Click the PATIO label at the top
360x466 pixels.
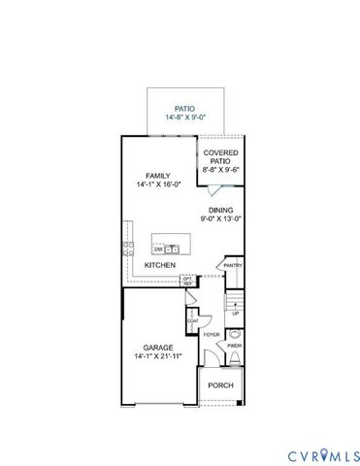(184, 110)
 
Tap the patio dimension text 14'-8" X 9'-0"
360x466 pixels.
(184, 121)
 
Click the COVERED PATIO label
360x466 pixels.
(220, 157)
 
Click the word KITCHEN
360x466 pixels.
(160, 264)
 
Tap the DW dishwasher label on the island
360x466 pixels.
(157, 249)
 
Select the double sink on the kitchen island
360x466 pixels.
(172, 249)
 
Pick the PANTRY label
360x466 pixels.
(233, 265)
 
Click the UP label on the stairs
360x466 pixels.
(235, 314)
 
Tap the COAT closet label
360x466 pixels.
(193, 320)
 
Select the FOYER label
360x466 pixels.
(211, 334)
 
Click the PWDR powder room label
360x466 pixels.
(234, 345)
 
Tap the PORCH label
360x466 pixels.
(220, 384)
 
